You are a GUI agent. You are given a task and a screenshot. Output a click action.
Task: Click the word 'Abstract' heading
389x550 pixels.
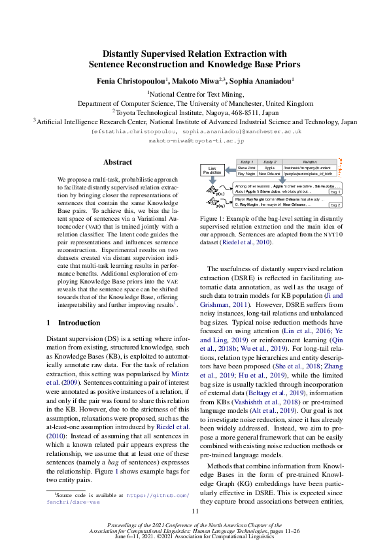coord(118,162)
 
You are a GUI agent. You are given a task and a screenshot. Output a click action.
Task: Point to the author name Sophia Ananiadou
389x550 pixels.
coord(260,80)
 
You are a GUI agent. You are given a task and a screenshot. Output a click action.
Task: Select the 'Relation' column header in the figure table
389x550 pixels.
coord(309,161)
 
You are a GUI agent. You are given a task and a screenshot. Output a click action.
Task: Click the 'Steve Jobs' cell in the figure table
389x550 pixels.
coord(246,167)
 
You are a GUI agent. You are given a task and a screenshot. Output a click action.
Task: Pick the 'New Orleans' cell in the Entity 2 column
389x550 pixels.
coord(269,174)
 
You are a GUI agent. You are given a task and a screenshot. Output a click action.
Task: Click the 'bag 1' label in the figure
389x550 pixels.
coord(334,192)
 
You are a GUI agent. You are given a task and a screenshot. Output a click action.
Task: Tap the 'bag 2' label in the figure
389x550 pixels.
coord(334,205)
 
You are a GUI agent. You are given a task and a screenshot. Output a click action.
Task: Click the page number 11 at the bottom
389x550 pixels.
coord(194,511)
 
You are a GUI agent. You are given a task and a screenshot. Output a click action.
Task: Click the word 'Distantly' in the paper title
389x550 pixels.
coord(130,54)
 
